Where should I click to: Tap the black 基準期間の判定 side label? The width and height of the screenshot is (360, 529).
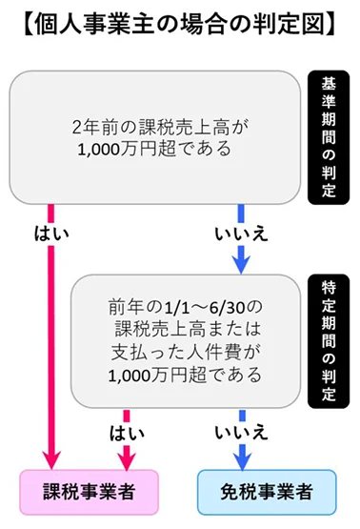329,133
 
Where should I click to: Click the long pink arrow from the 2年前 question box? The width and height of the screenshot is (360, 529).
50,334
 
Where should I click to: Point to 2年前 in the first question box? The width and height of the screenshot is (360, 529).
92,125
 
